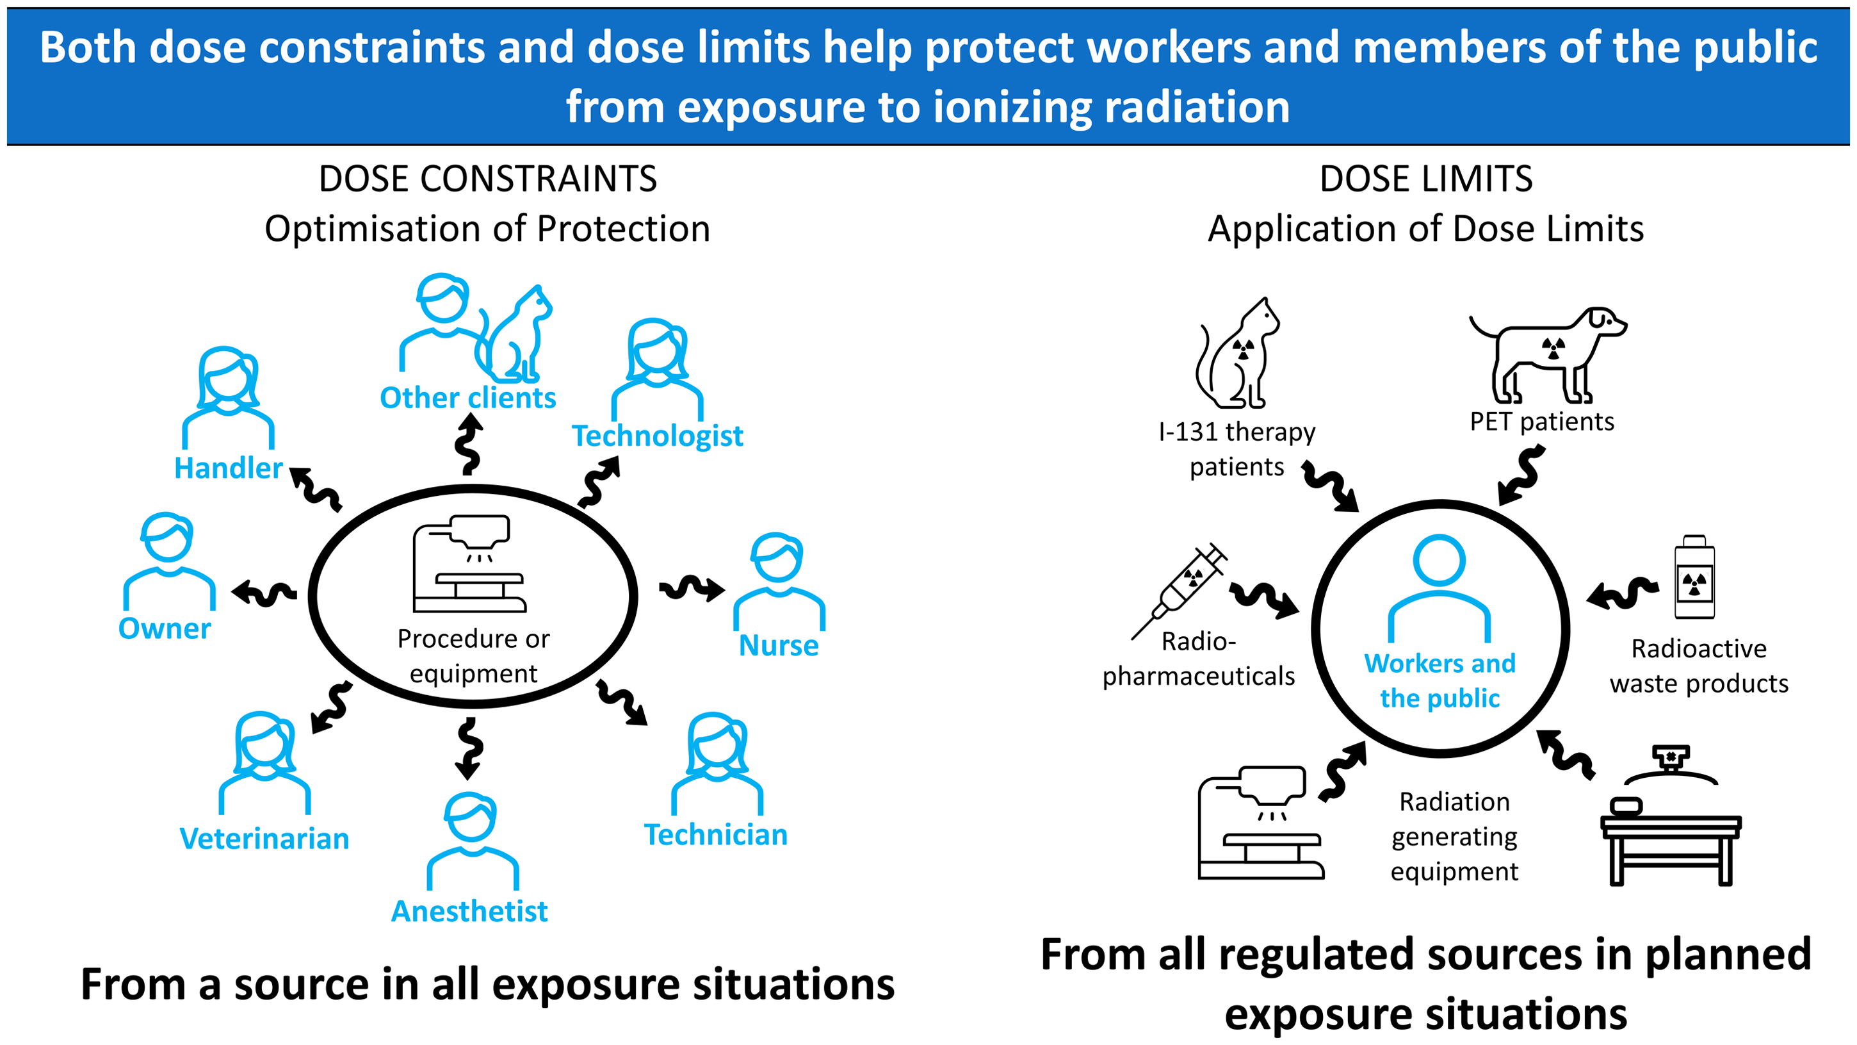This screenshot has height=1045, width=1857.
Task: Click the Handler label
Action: pos(229,468)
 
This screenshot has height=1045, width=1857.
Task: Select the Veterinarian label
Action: pos(264,839)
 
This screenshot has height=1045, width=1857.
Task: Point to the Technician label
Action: pos(715,834)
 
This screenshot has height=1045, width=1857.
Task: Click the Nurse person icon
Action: pos(779,581)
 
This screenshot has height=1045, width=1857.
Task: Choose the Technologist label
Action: pos(657,436)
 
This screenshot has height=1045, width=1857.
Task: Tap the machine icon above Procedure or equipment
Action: pos(469,563)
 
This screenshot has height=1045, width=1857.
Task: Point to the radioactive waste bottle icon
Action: pos(1694,577)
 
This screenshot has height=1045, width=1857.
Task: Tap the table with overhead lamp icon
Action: pos(1670,816)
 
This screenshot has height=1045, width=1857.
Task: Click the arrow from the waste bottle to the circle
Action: pos(1621,593)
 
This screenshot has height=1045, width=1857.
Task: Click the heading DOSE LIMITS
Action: pos(1426,179)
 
